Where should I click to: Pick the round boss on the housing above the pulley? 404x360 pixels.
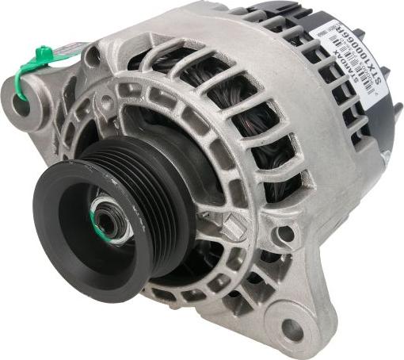coord(107,102)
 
